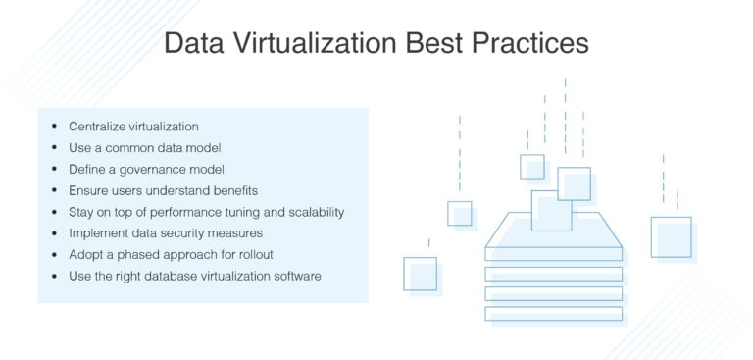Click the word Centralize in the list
(99, 127)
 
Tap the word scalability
(310, 212)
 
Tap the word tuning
(226, 212)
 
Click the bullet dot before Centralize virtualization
(53, 128)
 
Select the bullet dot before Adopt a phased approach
(53, 255)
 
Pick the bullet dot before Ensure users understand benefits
(53, 191)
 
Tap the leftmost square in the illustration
(420, 273)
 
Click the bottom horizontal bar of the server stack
(554, 314)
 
